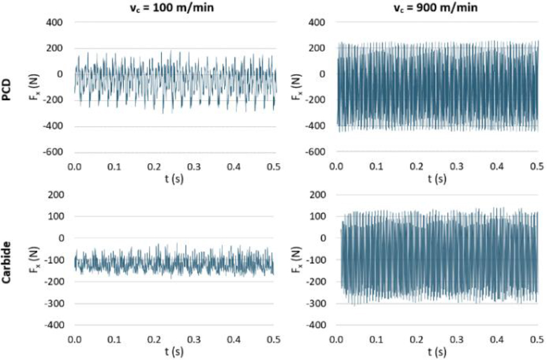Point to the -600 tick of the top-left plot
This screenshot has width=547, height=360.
pos(53,152)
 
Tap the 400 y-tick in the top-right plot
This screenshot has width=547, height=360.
pos(318,23)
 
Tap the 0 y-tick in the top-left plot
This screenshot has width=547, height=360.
pos(60,74)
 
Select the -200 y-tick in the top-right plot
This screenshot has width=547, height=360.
pos(315,100)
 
